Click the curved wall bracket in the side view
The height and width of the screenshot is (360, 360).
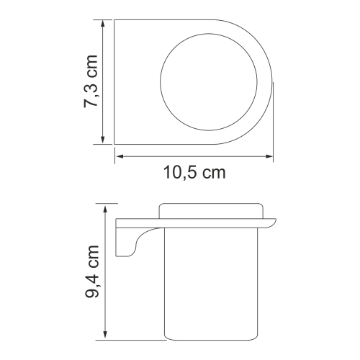[130, 238]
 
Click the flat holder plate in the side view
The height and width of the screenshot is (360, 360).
[194, 221]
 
